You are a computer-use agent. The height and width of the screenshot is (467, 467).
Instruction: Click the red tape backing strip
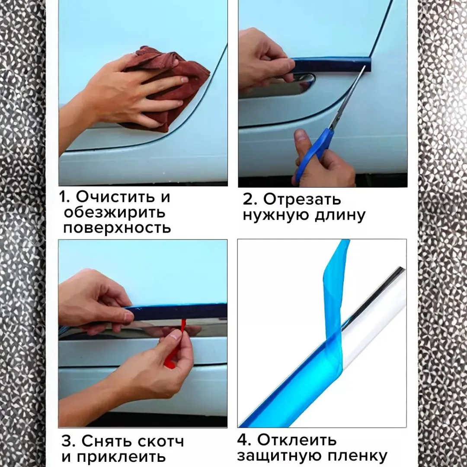(175, 346)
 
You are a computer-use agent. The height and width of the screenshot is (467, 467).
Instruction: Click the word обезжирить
(114, 212)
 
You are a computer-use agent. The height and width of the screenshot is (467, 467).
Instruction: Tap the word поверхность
(117, 228)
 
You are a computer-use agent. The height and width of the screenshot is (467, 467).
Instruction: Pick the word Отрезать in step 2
(302, 199)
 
